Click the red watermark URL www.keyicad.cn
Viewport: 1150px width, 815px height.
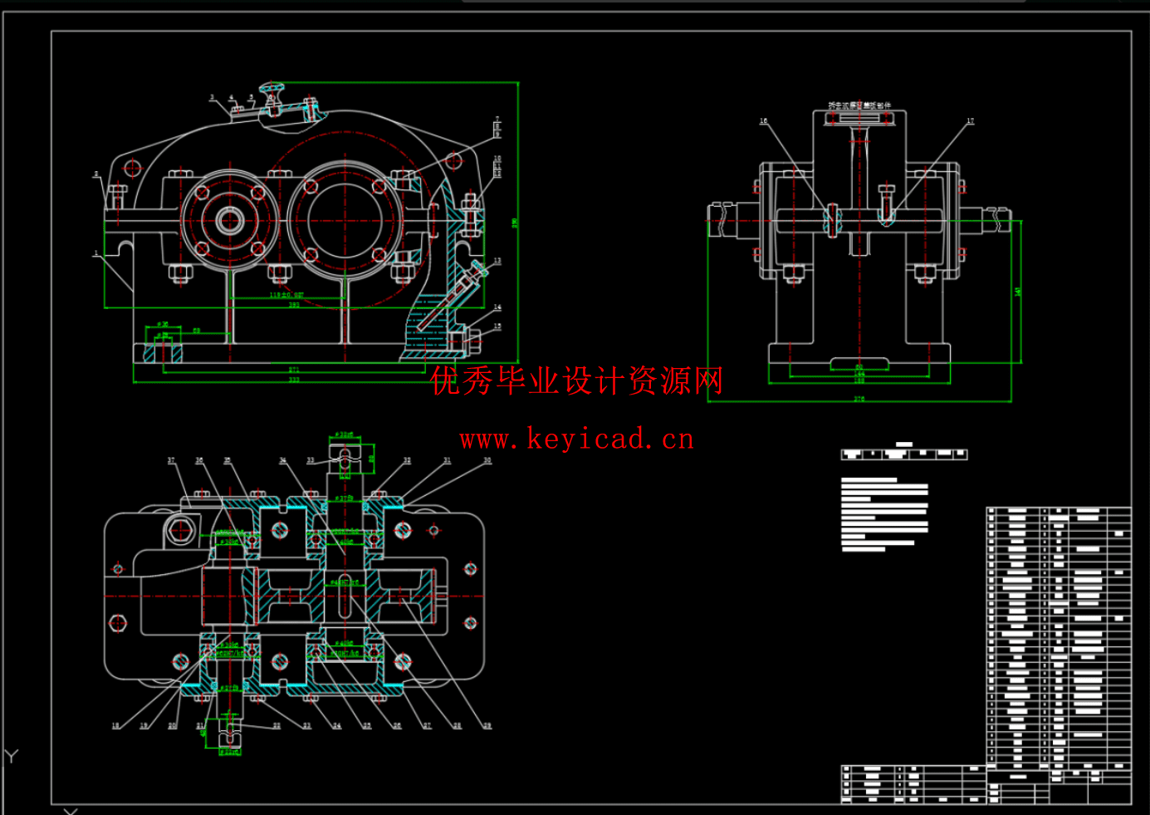576,439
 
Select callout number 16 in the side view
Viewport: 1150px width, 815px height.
764,121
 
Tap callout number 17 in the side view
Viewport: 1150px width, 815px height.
970,121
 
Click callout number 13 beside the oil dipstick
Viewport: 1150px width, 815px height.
497,261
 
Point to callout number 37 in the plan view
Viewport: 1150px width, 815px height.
172,460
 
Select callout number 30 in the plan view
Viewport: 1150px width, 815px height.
487,460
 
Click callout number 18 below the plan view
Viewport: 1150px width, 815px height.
115,725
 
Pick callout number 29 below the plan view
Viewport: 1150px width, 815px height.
487,725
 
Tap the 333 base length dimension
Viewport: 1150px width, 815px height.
294,380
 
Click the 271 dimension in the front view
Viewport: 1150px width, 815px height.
294,370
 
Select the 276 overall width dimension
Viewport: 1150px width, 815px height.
859,399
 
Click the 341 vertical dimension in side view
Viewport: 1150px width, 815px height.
1018,292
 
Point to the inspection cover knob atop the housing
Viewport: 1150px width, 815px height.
272,87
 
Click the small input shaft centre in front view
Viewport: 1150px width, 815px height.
230,220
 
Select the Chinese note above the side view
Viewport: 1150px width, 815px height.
859,106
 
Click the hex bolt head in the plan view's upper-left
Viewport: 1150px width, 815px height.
180,530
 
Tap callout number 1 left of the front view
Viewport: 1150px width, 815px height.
96,253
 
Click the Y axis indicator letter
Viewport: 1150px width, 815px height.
11,756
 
